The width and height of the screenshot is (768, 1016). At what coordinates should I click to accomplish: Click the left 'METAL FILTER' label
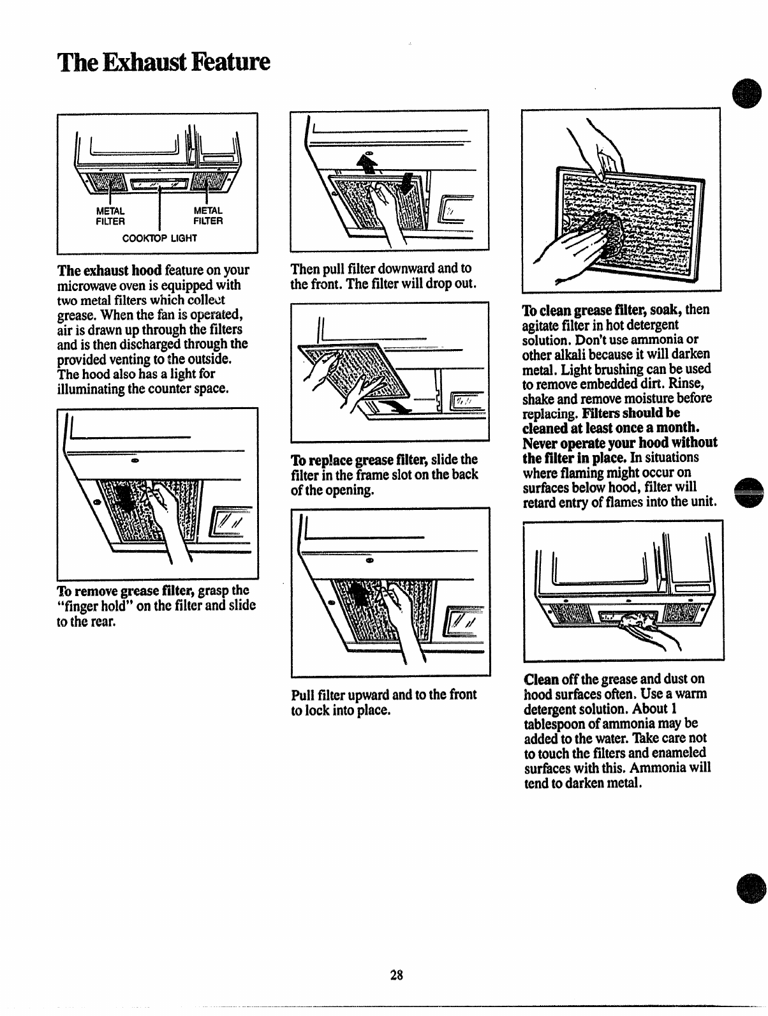click(x=110, y=216)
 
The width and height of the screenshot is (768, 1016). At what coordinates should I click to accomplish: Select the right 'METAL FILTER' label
click(x=208, y=216)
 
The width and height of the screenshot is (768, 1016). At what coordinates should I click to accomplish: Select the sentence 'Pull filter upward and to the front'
click(x=383, y=694)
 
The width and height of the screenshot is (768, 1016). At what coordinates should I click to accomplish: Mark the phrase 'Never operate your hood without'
click(x=619, y=443)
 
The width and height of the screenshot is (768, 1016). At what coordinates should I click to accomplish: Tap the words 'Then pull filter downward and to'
click(x=380, y=269)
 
